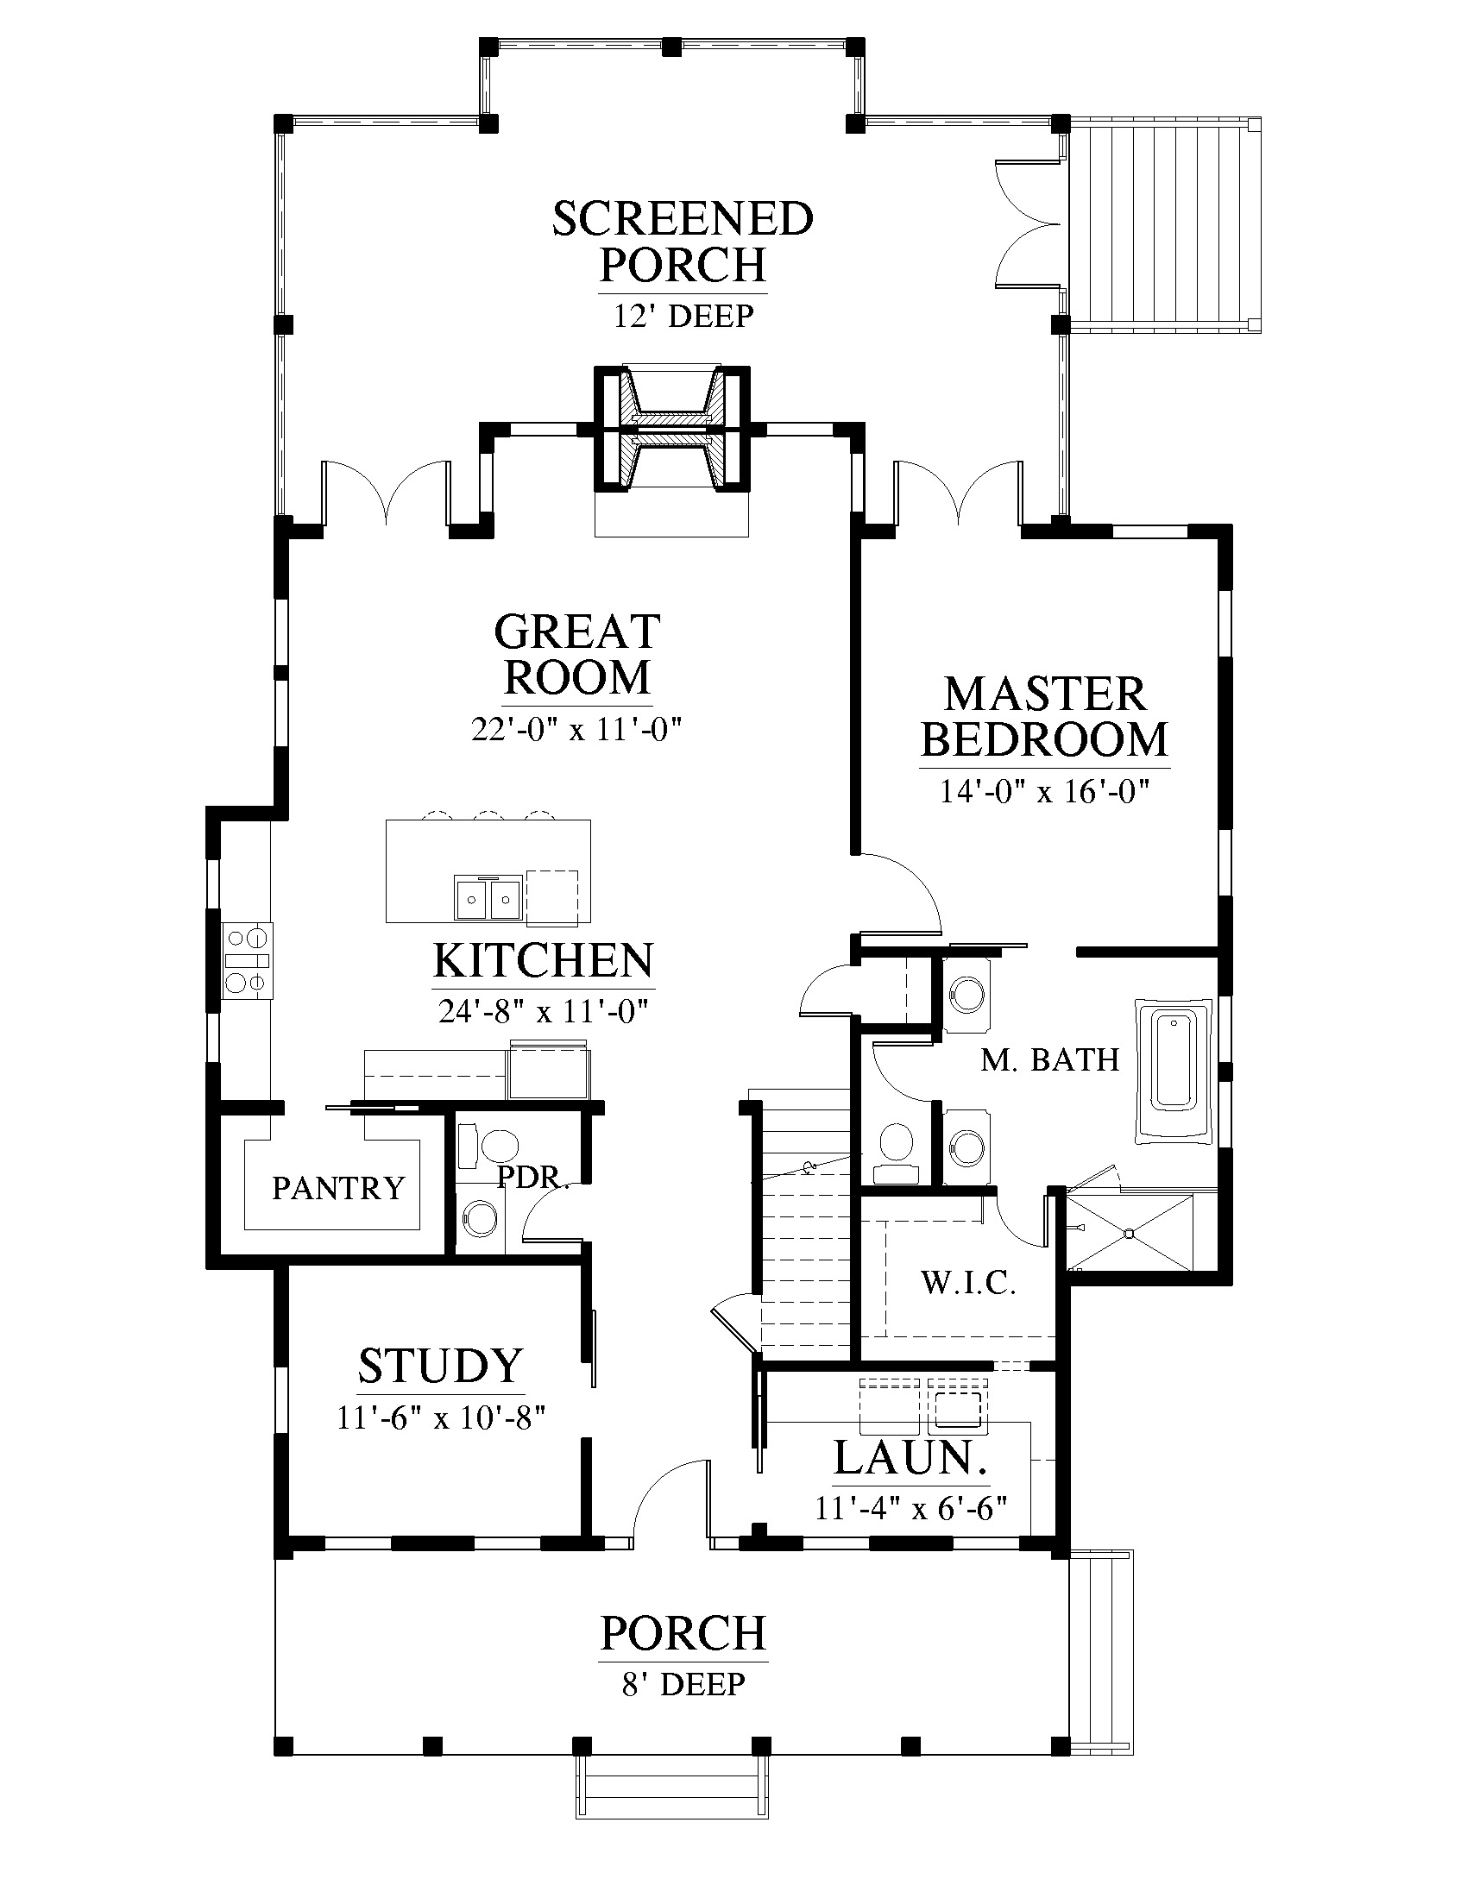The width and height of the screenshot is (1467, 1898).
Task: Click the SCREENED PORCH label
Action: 683,242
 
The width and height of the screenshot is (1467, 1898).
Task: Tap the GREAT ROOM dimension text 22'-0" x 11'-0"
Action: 576,729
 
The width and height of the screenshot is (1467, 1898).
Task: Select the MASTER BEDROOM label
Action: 1045,717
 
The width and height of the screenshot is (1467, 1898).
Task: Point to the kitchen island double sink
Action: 488,898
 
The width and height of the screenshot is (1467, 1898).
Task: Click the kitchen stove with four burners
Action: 247,960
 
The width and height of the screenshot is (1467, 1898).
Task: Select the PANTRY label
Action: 338,1188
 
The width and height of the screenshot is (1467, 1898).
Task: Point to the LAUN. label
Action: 910,1458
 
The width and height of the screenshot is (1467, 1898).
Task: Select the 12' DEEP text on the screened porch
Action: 683,316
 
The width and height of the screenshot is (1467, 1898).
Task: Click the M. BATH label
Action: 1050,1060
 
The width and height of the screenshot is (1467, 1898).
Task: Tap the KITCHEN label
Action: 543,960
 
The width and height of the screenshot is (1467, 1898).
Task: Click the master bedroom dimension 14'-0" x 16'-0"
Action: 1045,792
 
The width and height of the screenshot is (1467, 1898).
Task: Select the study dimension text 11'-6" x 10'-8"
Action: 441,1418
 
